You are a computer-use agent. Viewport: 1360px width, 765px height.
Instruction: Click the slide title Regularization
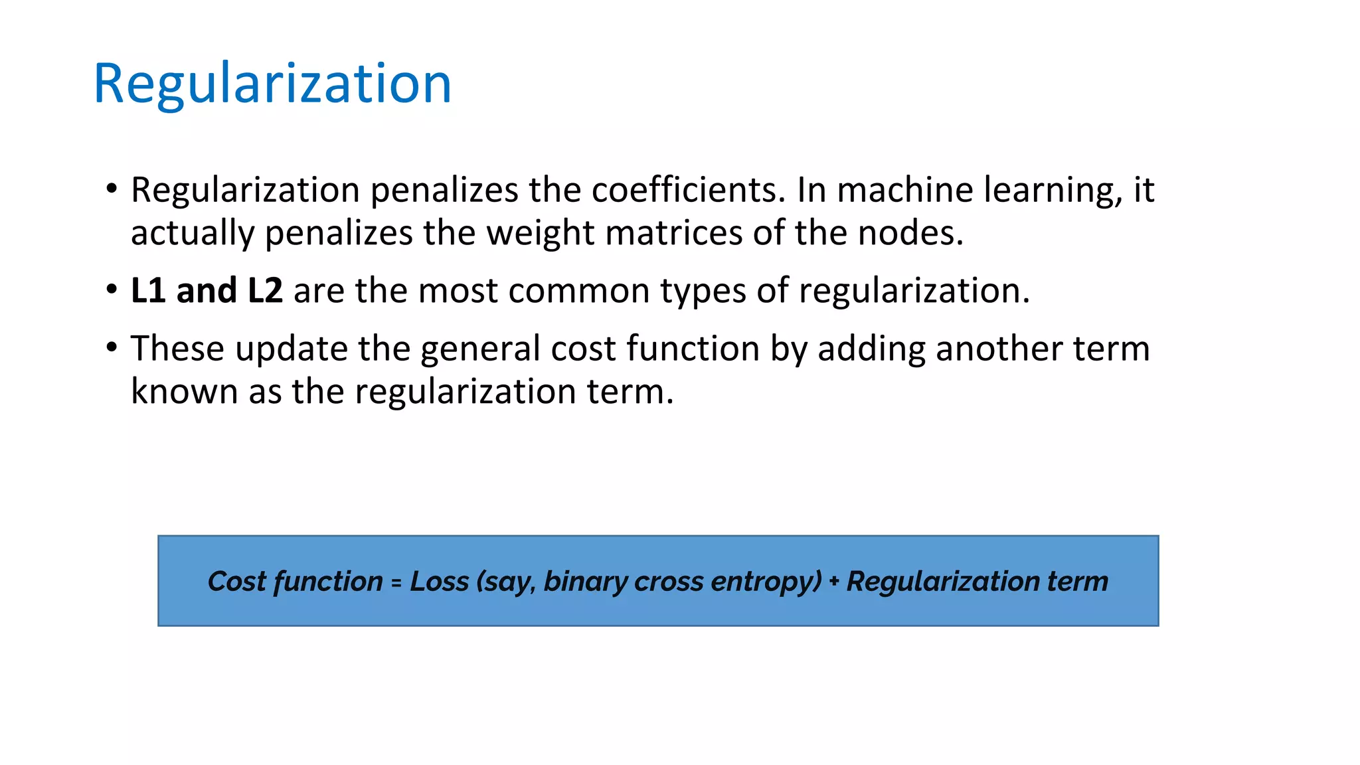pyautogui.click(x=272, y=84)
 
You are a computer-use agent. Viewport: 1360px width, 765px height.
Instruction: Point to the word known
pyautogui.click(x=184, y=391)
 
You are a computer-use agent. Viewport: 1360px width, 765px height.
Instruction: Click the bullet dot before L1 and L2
pyautogui.click(x=112, y=290)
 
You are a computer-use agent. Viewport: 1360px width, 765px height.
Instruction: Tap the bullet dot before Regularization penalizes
pyautogui.click(x=112, y=189)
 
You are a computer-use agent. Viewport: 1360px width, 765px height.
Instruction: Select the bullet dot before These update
pyautogui.click(x=112, y=347)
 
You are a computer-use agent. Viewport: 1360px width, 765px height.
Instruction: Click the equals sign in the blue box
pyautogui.click(x=396, y=582)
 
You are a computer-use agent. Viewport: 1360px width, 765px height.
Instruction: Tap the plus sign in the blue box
pyautogui.click(x=834, y=582)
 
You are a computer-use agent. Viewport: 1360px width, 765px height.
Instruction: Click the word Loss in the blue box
pyautogui.click(x=439, y=581)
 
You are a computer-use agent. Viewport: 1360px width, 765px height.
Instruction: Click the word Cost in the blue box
pyautogui.click(x=237, y=581)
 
